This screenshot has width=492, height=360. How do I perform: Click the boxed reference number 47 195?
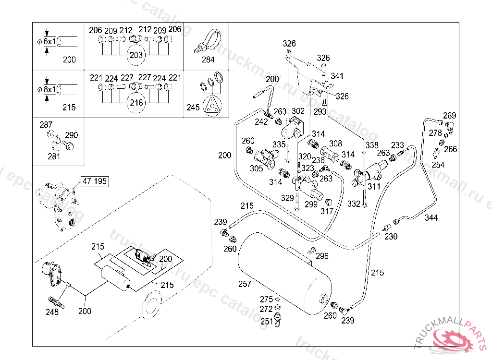coord(95,181)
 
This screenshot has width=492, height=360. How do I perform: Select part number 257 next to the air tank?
coord(245,284)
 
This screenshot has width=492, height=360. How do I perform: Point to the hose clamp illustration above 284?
coord(207,40)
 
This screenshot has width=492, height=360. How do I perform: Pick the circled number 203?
coord(136,55)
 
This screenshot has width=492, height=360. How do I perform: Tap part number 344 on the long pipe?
coord(431,218)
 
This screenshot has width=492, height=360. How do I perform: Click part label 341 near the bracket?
coord(337,76)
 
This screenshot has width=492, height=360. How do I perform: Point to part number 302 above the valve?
coord(298,111)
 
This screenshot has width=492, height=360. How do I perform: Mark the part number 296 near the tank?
coord(322,256)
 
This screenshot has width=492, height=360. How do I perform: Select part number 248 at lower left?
coord(52,312)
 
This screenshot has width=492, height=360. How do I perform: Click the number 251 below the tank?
coord(267,322)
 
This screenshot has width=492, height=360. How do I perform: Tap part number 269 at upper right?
coord(449,116)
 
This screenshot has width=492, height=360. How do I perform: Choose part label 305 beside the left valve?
coord(256,168)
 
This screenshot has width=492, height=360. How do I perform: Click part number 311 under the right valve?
coord(374,187)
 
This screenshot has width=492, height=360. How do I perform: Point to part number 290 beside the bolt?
coord(71,135)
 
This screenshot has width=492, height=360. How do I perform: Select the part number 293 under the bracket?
coord(320,111)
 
